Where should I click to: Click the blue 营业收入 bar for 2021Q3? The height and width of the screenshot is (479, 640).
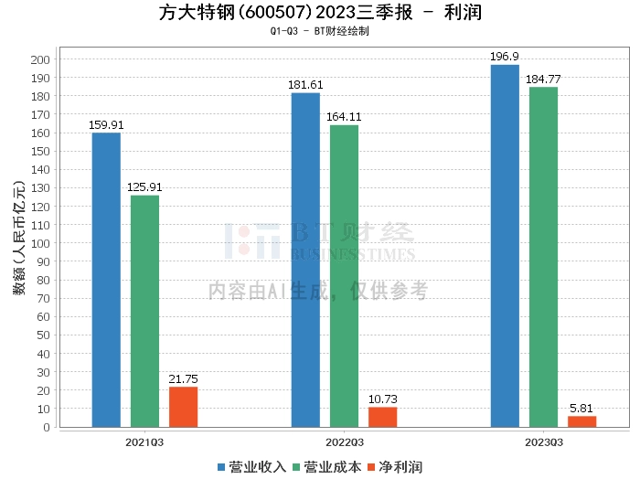(106, 280)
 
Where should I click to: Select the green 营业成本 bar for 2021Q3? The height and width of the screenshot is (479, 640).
(144, 311)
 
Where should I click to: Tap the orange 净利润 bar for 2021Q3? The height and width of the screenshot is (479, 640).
(183, 407)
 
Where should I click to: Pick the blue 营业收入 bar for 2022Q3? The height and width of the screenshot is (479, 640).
(305, 260)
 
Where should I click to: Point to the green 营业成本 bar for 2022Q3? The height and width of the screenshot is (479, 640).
(344, 276)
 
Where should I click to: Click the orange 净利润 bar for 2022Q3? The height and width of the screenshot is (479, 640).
(382, 417)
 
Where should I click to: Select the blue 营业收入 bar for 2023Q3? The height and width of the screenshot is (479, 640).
(505, 246)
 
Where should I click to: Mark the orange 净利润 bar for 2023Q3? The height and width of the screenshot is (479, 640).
(581, 421)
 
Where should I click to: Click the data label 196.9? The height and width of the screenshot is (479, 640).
(505, 57)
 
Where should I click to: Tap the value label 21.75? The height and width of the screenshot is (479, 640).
(183, 379)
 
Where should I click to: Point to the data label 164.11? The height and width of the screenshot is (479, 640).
(344, 117)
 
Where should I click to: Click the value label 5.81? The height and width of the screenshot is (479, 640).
(581, 409)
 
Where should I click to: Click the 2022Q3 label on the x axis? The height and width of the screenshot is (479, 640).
(344, 442)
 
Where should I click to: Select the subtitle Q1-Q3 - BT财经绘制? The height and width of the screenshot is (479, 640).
(320, 31)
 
